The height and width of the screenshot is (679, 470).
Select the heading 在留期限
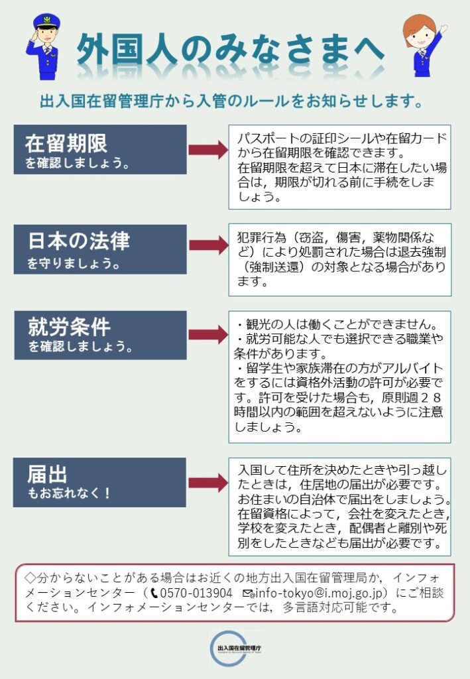pos(66,142)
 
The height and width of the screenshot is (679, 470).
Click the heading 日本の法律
pos(78,240)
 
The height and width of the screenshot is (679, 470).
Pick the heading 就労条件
pos(69,326)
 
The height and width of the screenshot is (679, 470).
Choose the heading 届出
pos(47,473)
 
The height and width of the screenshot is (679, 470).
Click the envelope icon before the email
pos(248,593)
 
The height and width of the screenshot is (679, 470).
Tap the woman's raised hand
pos(441,29)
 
